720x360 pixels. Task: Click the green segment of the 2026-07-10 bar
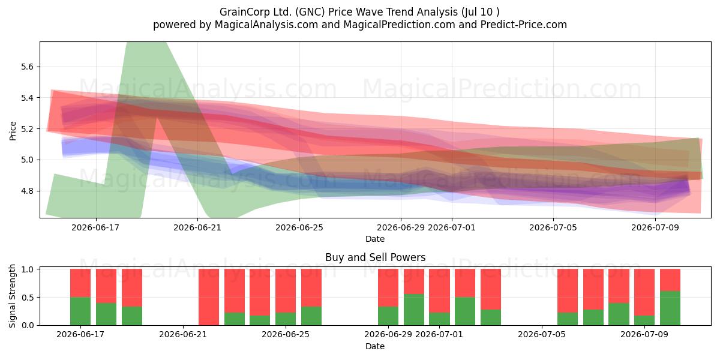click(x=670, y=308)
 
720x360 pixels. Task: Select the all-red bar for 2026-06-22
click(x=209, y=297)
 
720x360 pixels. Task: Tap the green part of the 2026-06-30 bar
click(x=413, y=310)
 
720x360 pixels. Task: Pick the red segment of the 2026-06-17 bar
click(x=80, y=283)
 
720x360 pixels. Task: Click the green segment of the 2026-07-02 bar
click(x=465, y=311)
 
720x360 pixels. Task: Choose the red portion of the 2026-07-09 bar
click(x=644, y=292)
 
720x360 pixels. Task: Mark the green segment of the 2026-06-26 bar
click(x=311, y=316)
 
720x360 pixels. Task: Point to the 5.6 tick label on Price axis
click(x=28, y=67)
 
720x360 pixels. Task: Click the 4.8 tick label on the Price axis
click(x=28, y=191)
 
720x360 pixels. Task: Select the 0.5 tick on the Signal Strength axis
click(x=28, y=298)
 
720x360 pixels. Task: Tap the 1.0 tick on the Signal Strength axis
click(x=28, y=269)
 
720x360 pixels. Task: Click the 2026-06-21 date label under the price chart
click(x=197, y=227)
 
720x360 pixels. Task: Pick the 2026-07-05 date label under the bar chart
click(x=542, y=334)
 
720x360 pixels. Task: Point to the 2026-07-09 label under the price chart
click(x=655, y=227)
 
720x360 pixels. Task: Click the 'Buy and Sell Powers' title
click(x=376, y=257)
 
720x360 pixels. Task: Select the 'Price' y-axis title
click(x=13, y=131)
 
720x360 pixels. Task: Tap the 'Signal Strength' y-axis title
click(x=12, y=296)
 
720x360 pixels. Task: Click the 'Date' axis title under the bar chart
click(x=375, y=346)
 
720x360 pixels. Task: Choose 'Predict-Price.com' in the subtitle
click(x=524, y=25)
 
